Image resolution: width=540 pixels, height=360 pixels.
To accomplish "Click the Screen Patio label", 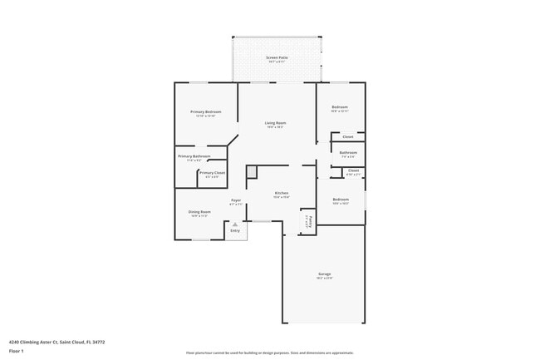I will (x=276, y=57).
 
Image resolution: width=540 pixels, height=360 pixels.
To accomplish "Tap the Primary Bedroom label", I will (x=205, y=111).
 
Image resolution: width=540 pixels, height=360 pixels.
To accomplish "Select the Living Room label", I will (x=275, y=123).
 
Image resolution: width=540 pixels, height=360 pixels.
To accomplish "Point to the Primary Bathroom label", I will (x=194, y=156).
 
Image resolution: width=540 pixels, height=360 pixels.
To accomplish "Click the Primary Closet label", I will (x=212, y=172).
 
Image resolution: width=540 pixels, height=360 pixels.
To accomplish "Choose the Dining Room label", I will (x=200, y=211).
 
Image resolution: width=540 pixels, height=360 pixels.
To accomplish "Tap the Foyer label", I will (x=235, y=200).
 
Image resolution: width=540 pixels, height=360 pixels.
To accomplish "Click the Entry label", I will (x=235, y=230).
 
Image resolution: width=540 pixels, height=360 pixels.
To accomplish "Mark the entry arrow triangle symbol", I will (x=235, y=223).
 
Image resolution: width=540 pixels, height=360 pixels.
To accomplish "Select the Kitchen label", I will (x=281, y=193).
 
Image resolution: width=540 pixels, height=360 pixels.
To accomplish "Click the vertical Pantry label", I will (x=307, y=222).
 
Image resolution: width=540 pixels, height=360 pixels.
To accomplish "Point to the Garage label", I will (x=324, y=274).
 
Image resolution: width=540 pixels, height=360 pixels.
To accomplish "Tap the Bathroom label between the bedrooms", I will (x=348, y=152).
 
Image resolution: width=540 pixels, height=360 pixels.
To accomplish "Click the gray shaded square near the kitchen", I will (x=252, y=170).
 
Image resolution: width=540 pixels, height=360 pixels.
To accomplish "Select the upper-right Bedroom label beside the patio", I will (x=340, y=106).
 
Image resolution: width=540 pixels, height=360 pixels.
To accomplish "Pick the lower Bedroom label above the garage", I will (x=341, y=200).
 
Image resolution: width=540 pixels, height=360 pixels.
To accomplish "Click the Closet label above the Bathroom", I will (x=348, y=136).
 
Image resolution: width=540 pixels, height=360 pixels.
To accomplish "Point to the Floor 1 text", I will (x=17, y=351).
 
